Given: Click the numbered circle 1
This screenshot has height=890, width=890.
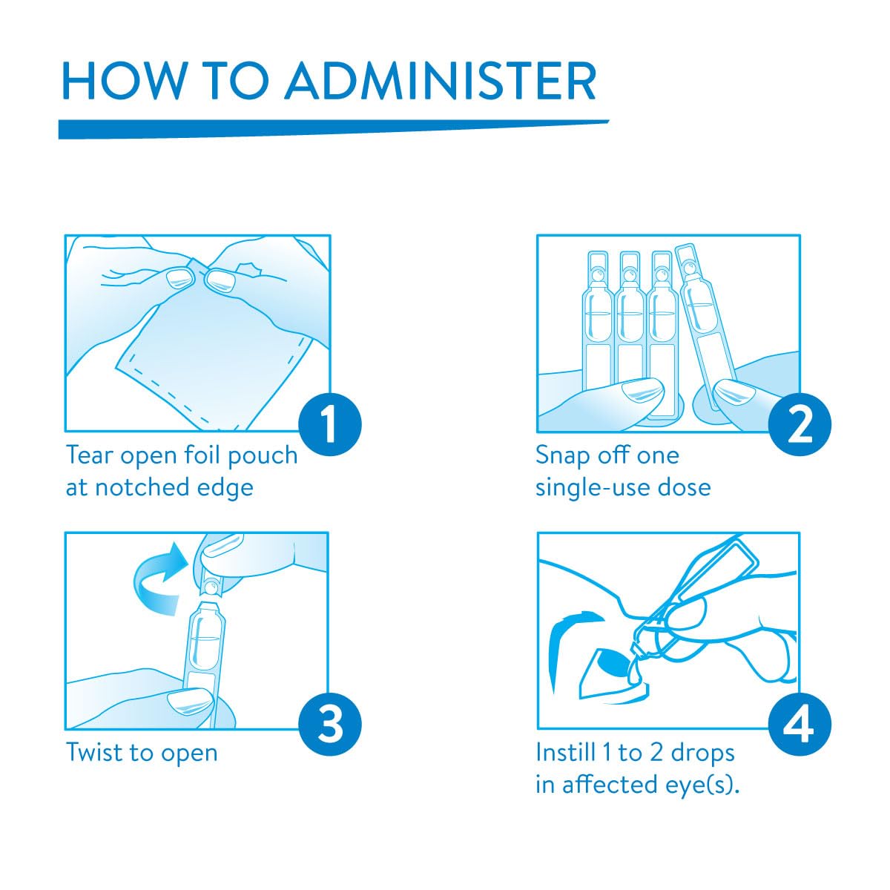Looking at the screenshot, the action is pos(330,424).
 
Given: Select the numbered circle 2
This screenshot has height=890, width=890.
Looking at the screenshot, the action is pos(800,424).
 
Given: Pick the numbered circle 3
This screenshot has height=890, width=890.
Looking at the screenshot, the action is pos(330,724).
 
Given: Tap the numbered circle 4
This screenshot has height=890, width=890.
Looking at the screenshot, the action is pos(800,724).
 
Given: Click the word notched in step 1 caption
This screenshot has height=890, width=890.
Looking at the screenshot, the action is pos(142,488).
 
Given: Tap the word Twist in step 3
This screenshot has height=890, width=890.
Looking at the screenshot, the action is pos(94,752).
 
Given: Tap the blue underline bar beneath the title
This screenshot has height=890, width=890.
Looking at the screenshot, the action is pos(334,129).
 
